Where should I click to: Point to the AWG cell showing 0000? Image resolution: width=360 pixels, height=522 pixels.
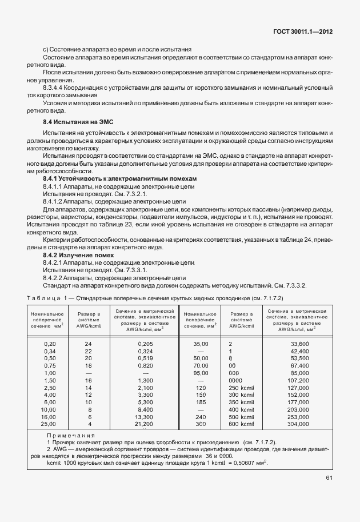[x=235, y=381]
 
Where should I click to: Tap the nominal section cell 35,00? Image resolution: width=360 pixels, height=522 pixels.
[x=201, y=344]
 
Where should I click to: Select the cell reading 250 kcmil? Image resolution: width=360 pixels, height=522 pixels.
[x=240, y=388]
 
